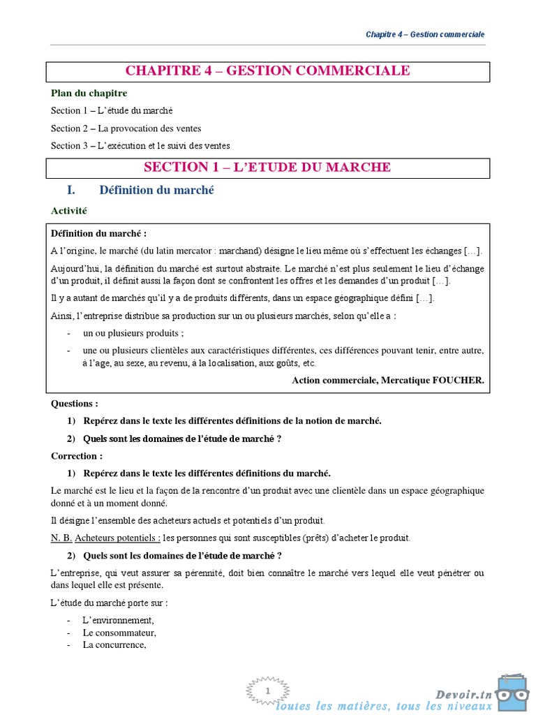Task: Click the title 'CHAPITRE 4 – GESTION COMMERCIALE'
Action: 267,71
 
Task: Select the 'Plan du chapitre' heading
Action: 89,93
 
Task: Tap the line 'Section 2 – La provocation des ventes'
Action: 126,128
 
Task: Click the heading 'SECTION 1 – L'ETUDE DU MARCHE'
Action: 267,168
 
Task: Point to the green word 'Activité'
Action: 68,209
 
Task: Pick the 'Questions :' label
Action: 75,404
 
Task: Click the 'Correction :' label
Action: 77,456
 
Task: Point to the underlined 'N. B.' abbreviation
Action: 61,538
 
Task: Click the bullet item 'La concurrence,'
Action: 114,644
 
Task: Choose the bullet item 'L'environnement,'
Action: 117,620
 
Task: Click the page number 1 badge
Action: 267,691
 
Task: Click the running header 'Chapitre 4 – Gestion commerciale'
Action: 425,34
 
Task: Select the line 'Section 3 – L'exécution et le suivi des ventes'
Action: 140,145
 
